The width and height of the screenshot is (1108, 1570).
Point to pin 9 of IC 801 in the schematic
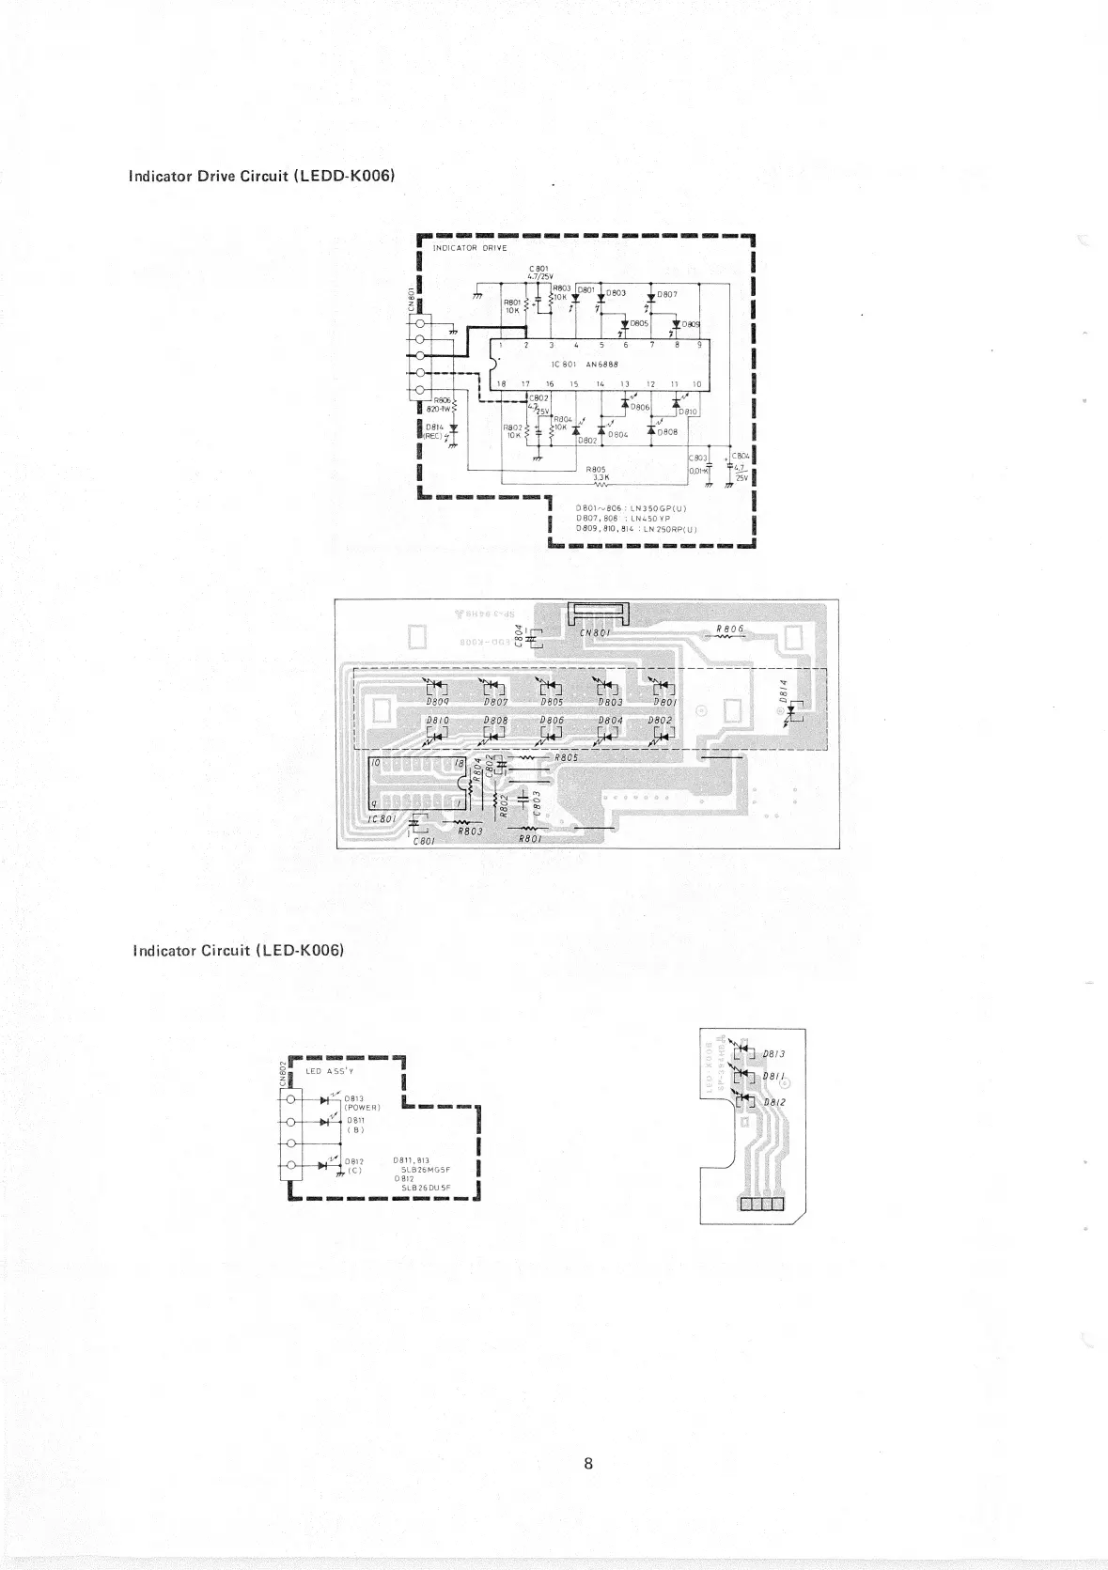pos(699,345)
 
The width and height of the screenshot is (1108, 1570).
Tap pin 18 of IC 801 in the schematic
pos(501,384)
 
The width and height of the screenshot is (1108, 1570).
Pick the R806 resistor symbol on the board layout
pos(729,636)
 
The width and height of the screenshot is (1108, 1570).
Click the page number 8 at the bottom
pos(587,1463)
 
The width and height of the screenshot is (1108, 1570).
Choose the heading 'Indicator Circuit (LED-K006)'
pos(239,950)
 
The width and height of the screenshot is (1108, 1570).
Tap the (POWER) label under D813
pos(361,1107)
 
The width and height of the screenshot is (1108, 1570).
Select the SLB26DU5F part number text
pos(426,1188)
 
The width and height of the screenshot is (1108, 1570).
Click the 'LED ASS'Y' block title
pos(329,1071)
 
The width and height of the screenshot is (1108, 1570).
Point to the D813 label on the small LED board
pos(773,1053)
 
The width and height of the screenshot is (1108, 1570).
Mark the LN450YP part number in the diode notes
pos(649,518)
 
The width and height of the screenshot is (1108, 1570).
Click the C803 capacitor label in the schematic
pos(697,458)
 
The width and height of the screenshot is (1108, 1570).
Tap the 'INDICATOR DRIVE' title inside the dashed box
pos(469,248)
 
